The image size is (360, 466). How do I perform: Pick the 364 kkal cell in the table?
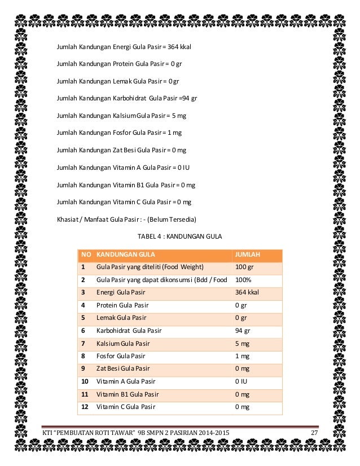click(247, 292)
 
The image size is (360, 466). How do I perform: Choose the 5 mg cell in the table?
click(242, 343)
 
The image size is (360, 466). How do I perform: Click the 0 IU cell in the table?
click(241, 381)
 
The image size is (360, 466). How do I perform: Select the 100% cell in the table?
click(243, 279)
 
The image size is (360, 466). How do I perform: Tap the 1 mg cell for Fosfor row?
click(242, 356)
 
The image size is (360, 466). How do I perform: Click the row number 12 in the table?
click(85, 407)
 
